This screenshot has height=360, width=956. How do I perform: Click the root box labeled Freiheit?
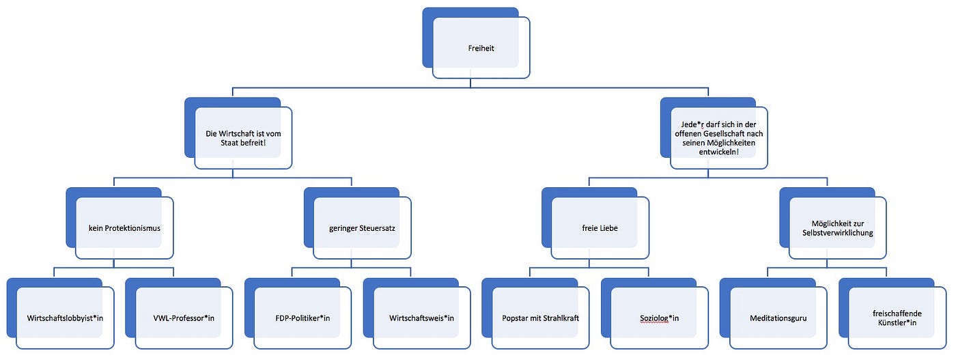pos(481,48)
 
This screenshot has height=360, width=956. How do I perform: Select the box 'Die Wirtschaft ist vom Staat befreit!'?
pos(243,138)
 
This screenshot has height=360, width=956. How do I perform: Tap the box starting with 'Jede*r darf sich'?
pos(718,138)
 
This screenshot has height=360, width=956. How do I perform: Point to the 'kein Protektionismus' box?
pos(124,228)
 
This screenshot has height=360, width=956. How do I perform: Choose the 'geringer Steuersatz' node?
pos(363,228)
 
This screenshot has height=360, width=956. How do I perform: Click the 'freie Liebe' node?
pos(600,228)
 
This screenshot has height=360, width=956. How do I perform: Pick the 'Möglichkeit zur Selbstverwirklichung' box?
pos(838,228)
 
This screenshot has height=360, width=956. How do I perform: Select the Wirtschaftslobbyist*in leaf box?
pos(65,318)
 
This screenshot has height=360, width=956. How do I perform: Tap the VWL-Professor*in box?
pos(184,318)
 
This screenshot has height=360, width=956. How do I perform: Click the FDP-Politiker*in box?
pos(303,318)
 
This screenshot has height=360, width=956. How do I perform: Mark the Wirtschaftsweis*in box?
pos(422,318)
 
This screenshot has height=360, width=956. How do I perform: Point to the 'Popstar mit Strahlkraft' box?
pos(540,318)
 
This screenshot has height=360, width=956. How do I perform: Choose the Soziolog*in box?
pos(660,318)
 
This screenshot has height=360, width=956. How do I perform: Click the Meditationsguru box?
pos(778,318)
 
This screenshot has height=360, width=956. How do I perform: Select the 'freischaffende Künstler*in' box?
pos(897,318)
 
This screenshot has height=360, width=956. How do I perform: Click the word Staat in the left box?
pos(229,143)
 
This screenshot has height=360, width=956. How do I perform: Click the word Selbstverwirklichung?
pos(838,233)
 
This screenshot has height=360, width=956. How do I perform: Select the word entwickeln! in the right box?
pos(718,152)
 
